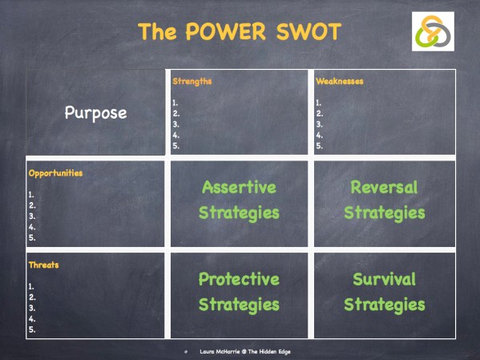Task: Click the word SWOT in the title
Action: [300, 32]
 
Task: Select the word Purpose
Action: [95, 113]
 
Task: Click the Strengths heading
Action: [192, 81]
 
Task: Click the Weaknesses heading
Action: [340, 81]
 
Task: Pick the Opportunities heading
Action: [55, 172]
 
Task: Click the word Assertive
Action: [239, 188]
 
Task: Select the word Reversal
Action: [384, 188]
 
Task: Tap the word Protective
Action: [239, 279]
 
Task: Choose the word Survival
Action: [384, 279]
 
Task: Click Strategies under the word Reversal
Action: [384, 213]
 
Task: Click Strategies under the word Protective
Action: [239, 305]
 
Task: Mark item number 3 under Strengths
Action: [175, 124]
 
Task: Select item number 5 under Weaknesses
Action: [319, 146]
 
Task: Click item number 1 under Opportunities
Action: [31, 194]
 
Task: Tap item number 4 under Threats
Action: [31, 318]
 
